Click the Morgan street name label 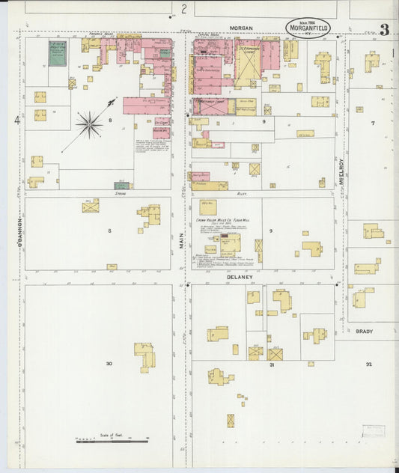[241, 28]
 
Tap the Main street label [181, 240]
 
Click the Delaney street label [241, 277]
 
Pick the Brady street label [364, 330]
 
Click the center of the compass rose [90, 124]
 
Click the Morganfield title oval [309, 28]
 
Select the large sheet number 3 [384, 30]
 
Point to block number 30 [109, 364]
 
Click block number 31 [272, 365]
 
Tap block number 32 [368, 364]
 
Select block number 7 [372, 122]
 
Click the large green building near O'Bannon [58, 54]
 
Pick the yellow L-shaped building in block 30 [144, 356]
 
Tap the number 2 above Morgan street [183, 9]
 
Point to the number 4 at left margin [16, 120]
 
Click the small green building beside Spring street [121, 185]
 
